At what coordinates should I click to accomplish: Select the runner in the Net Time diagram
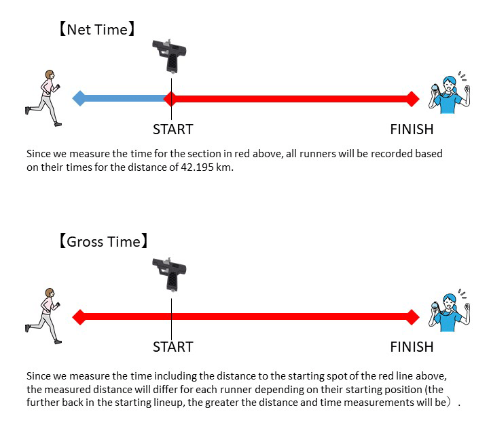coord(44,97)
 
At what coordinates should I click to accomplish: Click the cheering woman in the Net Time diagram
coord(448,94)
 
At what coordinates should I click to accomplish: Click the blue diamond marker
coord(79,98)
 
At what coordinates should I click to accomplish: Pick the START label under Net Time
coord(173,129)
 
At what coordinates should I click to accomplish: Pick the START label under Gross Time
coord(173,347)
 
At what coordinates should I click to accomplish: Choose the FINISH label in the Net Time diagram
coord(412,129)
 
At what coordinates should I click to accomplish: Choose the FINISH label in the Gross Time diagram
coord(412,347)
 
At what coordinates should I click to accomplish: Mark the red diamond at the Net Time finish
coord(412,98)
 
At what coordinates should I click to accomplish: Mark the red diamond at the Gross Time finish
coord(412,316)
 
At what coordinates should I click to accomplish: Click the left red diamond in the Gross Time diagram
coord(79,316)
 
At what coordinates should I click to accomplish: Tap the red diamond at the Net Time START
coord(171,98)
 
